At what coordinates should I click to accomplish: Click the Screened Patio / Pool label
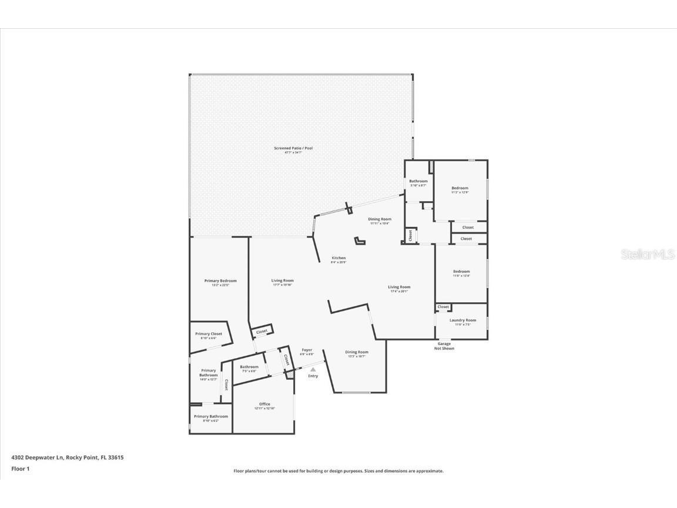point(293,148)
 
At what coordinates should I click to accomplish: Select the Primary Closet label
point(209,334)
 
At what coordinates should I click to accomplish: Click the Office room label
point(264,405)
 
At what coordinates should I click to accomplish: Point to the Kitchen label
point(338,258)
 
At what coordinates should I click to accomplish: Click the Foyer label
point(307,350)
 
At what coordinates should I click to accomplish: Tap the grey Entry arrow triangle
point(313,369)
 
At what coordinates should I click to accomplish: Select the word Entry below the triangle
point(313,376)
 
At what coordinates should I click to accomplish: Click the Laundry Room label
point(462,320)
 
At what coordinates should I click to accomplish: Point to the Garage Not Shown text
point(444,346)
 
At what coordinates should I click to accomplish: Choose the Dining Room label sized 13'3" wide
point(357,352)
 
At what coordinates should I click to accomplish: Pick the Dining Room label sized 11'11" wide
point(380,219)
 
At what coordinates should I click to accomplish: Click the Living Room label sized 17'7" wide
point(282,281)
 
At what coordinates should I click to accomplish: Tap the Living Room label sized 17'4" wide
point(399,288)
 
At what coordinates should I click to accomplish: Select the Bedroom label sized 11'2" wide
point(460,188)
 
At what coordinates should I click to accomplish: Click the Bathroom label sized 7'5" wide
point(249,367)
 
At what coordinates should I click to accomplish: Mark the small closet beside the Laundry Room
point(443,307)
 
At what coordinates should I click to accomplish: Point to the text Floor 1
point(20,469)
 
